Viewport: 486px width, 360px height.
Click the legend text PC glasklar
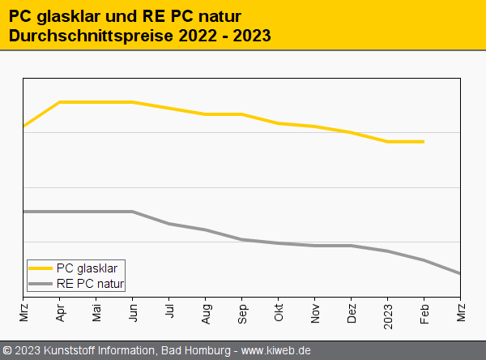[x=87, y=268]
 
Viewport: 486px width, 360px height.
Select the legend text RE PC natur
[x=91, y=284]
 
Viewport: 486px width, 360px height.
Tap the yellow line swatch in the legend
[x=40, y=268]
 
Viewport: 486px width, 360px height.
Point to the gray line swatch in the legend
[x=40, y=284]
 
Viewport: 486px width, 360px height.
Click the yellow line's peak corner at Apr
[x=60, y=102]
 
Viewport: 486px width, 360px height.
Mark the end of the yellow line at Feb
[x=424, y=142]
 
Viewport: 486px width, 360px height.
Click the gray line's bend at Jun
[x=133, y=212]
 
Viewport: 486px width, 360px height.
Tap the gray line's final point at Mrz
[x=460, y=273]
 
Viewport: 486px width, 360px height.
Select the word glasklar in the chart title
[x=69, y=15]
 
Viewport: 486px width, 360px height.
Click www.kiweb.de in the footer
[x=276, y=350]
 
